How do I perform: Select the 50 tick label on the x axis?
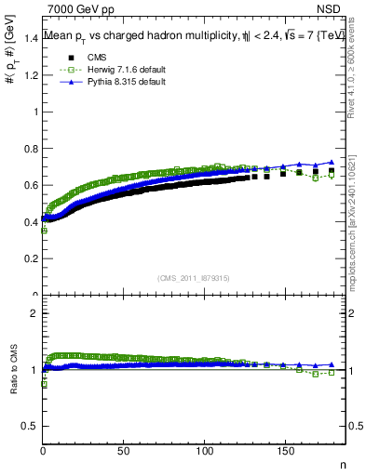[123, 452]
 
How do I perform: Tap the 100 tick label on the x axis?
[203, 452]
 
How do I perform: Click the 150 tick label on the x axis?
[284, 452]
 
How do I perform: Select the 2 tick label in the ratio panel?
[34, 314]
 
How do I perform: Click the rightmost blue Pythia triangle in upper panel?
[331, 163]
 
